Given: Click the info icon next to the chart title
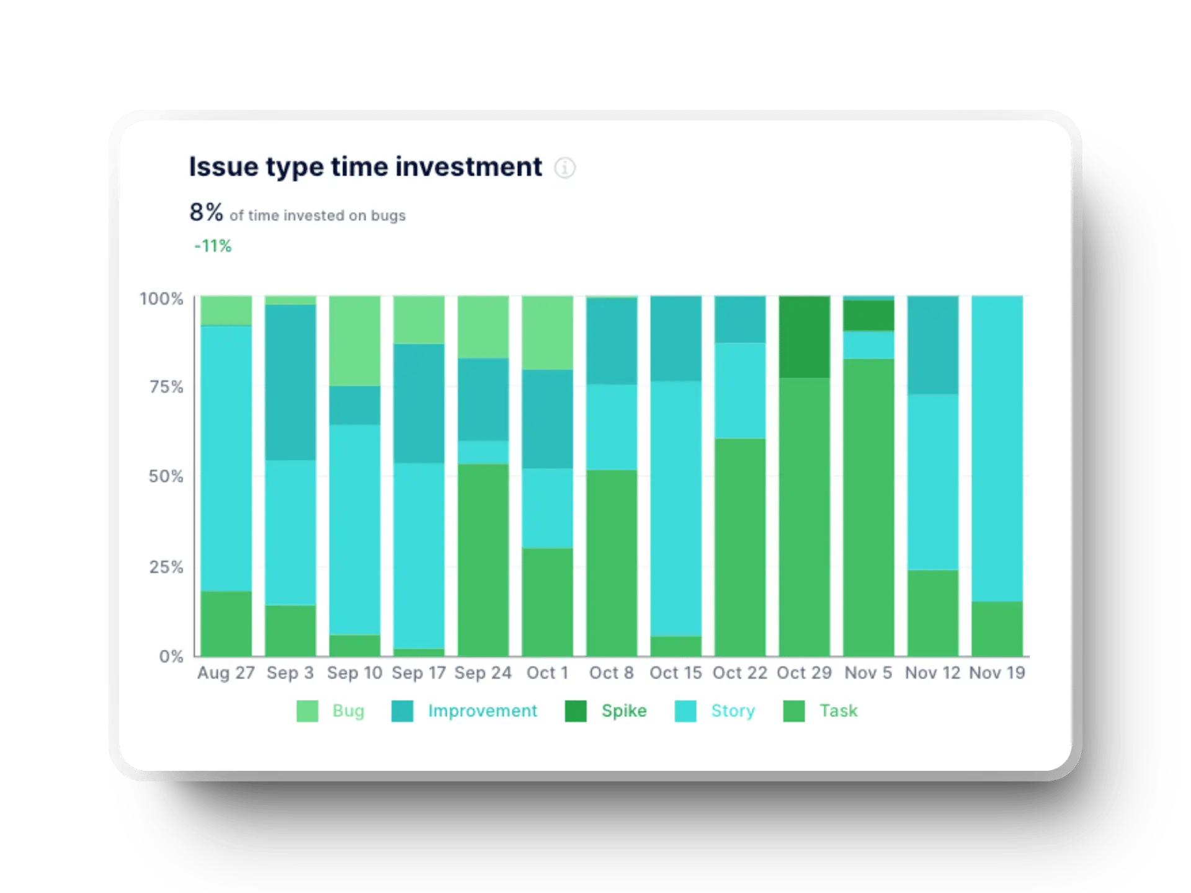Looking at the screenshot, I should point(564,167).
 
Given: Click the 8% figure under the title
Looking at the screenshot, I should point(206,212).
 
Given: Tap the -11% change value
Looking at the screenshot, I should point(213,246).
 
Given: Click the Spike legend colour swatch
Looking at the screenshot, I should point(576,711).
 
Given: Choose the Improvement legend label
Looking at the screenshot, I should point(482,711).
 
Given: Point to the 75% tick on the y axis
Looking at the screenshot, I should point(166,387).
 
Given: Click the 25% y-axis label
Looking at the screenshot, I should point(166,567).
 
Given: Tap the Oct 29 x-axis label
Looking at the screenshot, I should point(804,673).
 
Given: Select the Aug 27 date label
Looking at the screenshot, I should point(226,673).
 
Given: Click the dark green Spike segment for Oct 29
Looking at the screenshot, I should point(804,337).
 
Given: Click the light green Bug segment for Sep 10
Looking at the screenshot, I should point(354,340).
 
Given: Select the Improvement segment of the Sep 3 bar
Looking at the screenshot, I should point(290,382).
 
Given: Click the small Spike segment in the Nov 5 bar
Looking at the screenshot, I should point(868,316).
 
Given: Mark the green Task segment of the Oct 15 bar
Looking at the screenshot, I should point(676,646).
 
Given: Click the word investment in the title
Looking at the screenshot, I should point(468,167).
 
